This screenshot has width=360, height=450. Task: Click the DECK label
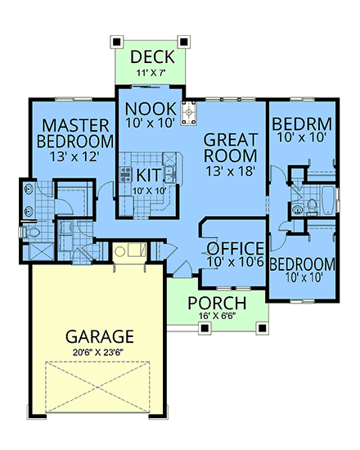click(151, 56)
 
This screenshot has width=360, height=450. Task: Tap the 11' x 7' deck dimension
click(151, 73)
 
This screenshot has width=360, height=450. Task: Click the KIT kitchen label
click(148, 174)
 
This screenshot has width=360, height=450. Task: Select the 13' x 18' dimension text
click(231, 171)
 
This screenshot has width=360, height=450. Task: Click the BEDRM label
click(302, 124)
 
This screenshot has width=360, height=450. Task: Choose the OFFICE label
click(235, 248)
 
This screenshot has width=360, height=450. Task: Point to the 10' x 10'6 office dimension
click(235, 263)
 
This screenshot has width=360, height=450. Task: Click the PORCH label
click(216, 303)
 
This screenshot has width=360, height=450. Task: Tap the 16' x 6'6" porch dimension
click(216, 317)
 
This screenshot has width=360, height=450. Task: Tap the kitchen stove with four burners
click(126, 173)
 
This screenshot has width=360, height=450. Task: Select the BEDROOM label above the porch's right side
click(303, 264)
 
